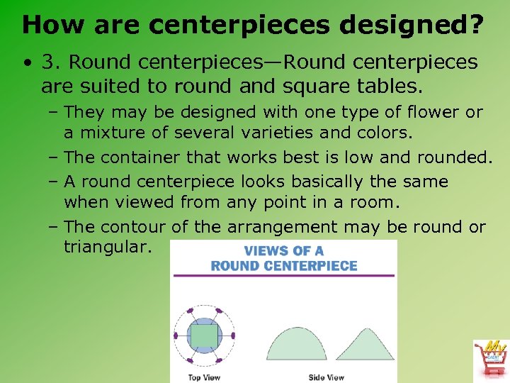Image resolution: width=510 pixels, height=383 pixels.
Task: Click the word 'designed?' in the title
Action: [413, 26]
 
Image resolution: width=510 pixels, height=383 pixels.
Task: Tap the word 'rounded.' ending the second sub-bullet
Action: [455, 157]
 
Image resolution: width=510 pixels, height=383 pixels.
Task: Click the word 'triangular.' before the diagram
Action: [106, 248]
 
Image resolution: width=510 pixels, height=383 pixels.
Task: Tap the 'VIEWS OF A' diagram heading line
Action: [284, 251]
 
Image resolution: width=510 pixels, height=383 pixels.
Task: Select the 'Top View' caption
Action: [204, 377]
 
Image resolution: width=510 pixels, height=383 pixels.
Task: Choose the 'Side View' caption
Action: [326, 377]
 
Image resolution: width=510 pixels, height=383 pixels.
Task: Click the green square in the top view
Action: [204, 335]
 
